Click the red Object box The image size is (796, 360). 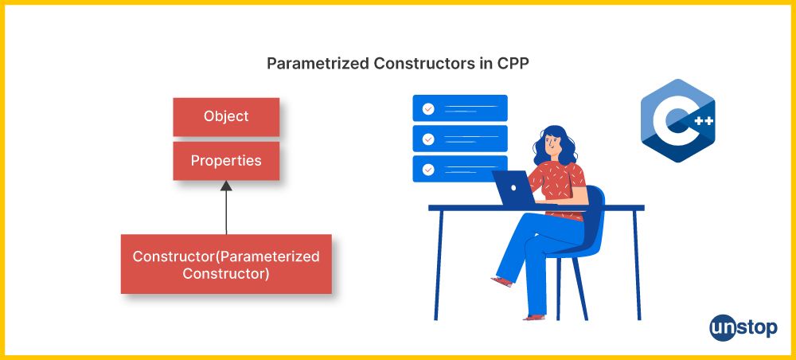click(x=226, y=117)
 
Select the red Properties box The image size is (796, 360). click(x=226, y=161)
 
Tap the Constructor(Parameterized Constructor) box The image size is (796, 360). click(x=226, y=264)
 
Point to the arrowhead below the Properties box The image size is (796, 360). click(x=226, y=186)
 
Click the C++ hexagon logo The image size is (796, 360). click(x=677, y=121)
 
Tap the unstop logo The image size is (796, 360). click(x=743, y=327)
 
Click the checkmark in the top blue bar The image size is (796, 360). click(x=428, y=108)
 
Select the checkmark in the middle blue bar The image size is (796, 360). click(x=428, y=139)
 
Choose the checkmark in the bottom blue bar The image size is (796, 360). click(x=428, y=169)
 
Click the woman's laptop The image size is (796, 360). click(x=513, y=188)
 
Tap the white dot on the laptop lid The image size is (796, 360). click(x=513, y=188)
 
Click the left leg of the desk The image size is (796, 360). click(x=439, y=265)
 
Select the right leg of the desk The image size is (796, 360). click(x=637, y=265)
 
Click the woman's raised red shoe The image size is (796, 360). click(x=502, y=282)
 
